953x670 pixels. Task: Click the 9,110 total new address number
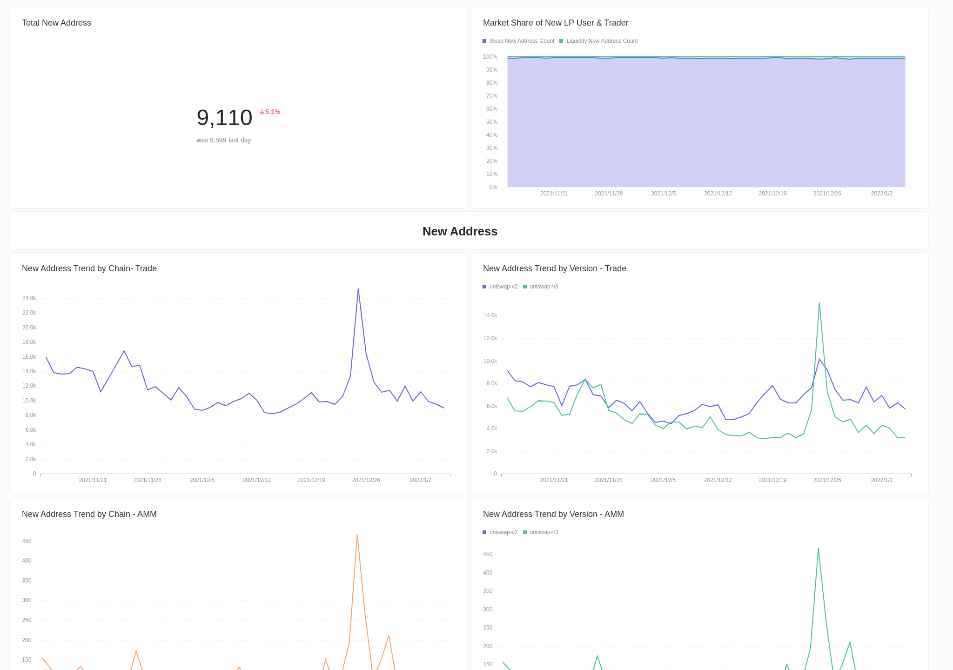coord(224,118)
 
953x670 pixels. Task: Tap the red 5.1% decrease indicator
coord(270,112)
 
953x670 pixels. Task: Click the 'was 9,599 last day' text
coord(223,140)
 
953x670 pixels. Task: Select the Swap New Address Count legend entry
coord(518,41)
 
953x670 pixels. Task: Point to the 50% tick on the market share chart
coord(491,122)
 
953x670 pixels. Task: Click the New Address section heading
coord(460,231)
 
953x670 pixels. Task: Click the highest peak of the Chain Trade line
coord(358,289)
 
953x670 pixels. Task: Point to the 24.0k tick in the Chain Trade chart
coord(29,298)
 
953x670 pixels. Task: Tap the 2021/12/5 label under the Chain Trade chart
coord(202,480)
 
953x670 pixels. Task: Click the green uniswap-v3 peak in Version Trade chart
coord(819,304)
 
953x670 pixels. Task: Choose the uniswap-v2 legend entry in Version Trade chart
coord(500,287)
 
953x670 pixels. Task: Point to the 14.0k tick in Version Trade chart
coord(490,315)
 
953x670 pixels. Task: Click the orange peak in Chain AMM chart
coord(357,535)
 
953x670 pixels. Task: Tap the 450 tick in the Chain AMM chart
coord(27,541)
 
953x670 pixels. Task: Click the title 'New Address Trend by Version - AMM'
coord(553,514)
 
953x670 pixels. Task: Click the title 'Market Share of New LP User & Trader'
coord(556,23)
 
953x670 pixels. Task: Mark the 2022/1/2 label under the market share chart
coord(881,194)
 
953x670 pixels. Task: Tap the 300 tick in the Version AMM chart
coord(487,610)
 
